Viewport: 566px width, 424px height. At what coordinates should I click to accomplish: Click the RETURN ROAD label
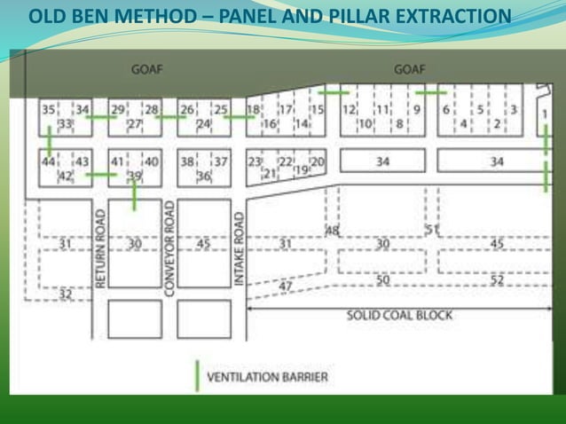[100, 249]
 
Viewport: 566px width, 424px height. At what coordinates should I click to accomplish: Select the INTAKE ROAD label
[239, 249]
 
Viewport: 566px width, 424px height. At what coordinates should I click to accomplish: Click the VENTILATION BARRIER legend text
[267, 377]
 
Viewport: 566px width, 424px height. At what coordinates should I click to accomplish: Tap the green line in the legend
[196, 375]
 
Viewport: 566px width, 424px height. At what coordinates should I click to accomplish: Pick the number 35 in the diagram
[49, 109]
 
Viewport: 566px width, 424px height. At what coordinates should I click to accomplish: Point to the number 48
[333, 231]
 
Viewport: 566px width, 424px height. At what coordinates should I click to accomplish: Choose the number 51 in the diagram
[432, 229]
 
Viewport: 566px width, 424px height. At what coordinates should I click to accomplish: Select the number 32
[65, 294]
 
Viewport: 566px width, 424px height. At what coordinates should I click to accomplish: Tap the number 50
[382, 280]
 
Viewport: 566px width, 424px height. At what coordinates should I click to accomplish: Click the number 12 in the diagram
[349, 109]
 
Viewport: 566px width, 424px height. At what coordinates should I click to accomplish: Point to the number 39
[134, 176]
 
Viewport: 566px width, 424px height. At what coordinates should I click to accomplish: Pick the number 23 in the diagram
[255, 161]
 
